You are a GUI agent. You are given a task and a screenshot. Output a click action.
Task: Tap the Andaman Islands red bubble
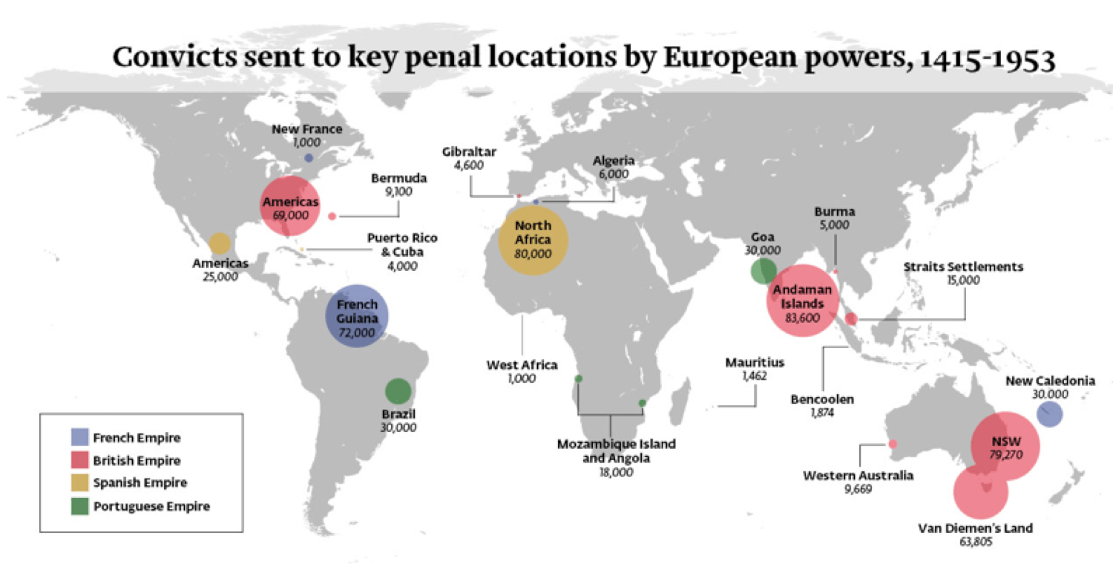(x=801, y=302)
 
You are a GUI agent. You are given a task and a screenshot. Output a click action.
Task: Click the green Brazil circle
(x=398, y=390)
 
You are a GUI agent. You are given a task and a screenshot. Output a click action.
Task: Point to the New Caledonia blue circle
(x=1048, y=414)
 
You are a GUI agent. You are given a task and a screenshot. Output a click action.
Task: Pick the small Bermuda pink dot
(x=332, y=216)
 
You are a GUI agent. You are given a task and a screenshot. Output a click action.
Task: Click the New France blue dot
(x=308, y=157)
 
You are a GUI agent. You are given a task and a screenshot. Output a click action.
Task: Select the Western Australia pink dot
(x=893, y=444)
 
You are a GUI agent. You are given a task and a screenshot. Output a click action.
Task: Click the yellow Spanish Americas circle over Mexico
(x=219, y=243)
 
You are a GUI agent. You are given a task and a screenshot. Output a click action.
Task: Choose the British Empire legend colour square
(x=81, y=460)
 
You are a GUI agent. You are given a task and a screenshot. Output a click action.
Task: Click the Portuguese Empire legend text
(x=151, y=506)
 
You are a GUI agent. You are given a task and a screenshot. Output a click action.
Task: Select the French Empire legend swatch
(x=81, y=437)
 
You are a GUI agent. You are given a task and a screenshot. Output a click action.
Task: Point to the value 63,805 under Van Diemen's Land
(x=975, y=542)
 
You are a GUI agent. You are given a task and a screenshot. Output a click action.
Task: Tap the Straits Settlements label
(x=963, y=266)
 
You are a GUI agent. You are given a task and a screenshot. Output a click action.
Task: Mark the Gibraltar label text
(x=469, y=151)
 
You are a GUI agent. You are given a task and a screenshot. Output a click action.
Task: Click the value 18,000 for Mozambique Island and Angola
(x=616, y=471)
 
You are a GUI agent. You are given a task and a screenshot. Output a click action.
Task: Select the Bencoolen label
(x=822, y=399)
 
